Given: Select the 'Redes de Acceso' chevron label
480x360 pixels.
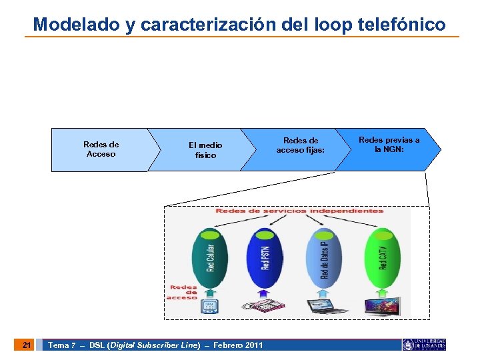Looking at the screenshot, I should coord(101,149).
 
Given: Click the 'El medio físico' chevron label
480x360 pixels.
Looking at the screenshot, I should coord(205,150).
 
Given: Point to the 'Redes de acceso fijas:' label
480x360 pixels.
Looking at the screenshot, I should coord(301,145).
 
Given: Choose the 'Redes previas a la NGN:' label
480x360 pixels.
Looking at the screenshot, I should coord(389,145).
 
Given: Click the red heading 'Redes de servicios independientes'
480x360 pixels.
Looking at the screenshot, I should coord(299,211).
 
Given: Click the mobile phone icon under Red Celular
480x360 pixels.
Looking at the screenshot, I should coord(210,307).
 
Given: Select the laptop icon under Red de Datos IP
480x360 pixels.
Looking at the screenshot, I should coord(327,307).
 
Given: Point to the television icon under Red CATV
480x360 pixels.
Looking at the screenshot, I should coord(382,307).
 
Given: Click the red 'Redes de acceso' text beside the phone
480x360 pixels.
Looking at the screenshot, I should coord(183,293).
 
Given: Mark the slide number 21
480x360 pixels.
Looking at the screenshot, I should coord(26,345).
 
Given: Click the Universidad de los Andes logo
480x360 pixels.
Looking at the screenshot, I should coord(424,345).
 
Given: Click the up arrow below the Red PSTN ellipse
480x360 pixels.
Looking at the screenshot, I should coord(263,292).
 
